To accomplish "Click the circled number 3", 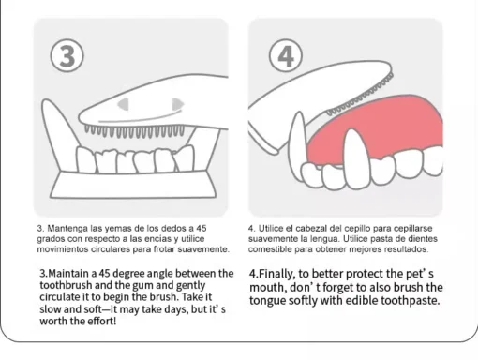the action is [67, 56].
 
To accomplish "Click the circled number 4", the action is [286, 55].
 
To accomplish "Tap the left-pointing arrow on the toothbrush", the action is [124, 104].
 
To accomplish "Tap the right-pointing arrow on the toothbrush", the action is [178, 104].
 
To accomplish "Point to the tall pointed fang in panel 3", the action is [58, 131].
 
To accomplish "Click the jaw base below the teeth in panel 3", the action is [133, 185].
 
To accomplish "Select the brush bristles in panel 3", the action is [134, 131].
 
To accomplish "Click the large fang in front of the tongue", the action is [357, 159].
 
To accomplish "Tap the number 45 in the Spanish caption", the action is [202, 228].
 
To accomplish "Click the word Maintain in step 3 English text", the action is [68, 274].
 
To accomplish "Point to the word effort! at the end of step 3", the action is [99, 321].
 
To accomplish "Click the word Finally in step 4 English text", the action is [276, 274].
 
